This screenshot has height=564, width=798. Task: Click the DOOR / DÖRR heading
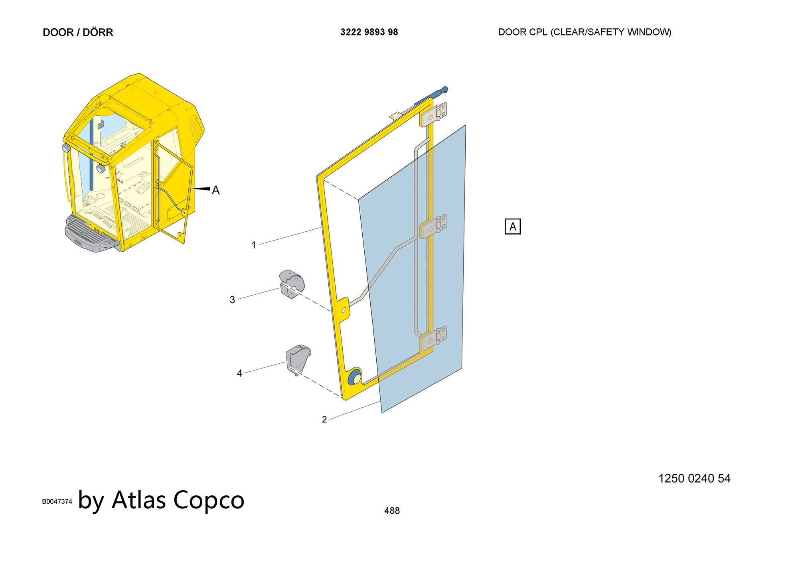click(78, 32)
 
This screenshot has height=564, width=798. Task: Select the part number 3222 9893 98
click(369, 32)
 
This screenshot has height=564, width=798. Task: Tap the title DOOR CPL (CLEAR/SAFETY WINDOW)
click(585, 32)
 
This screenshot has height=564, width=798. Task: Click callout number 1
click(254, 245)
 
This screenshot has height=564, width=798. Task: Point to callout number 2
click(324, 420)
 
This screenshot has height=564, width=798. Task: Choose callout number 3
click(232, 300)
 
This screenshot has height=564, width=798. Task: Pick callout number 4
click(239, 373)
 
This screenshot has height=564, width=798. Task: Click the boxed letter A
click(513, 227)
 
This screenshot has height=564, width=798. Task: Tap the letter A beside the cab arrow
click(216, 190)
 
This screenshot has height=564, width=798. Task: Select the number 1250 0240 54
click(694, 479)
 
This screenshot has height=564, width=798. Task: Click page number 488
click(392, 511)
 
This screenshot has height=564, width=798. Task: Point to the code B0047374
click(57, 501)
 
